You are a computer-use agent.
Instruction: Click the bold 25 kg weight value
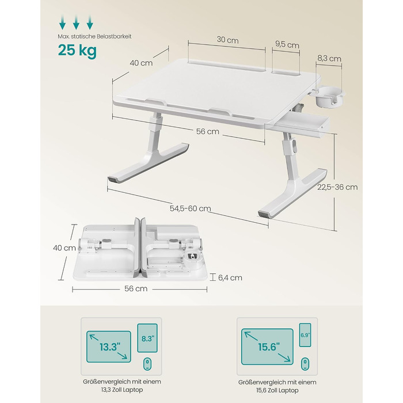(77, 50)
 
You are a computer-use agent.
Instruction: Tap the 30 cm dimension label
(227, 40)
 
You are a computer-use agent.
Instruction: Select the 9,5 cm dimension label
(287, 45)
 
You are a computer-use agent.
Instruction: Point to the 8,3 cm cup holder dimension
(329, 59)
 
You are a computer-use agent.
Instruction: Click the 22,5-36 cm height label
(337, 187)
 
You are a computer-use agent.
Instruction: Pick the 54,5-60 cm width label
(191, 208)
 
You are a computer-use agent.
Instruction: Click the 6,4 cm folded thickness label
(230, 277)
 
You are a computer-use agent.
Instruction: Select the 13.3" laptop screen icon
(109, 347)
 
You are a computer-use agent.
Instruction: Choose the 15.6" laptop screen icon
(267, 347)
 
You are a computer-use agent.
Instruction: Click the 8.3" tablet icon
(147, 338)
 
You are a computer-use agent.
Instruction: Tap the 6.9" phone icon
(305, 335)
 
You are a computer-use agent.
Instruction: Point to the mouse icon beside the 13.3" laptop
(147, 364)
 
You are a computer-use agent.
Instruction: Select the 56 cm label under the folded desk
(136, 288)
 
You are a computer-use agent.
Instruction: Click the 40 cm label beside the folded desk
(64, 248)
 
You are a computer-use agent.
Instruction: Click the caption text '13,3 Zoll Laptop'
(122, 390)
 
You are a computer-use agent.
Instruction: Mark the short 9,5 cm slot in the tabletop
(286, 71)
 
